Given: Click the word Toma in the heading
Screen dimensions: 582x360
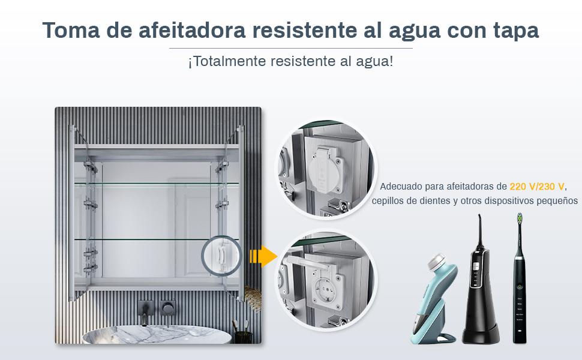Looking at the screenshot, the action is (x=71, y=30).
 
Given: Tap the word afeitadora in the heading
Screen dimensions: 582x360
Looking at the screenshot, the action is (x=192, y=30).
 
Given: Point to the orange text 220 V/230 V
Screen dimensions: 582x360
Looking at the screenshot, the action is (x=537, y=187).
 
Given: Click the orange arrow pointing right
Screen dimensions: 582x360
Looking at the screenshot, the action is (x=263, y=256).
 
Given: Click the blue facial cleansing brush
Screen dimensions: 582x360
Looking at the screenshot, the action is (x=434, y=299).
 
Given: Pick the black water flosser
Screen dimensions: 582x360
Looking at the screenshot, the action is (x=480, y=282).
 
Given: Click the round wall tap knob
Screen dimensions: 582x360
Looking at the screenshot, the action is (x=168, y=308).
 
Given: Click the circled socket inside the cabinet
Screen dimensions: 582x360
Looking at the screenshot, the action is (x=221, y=256).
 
